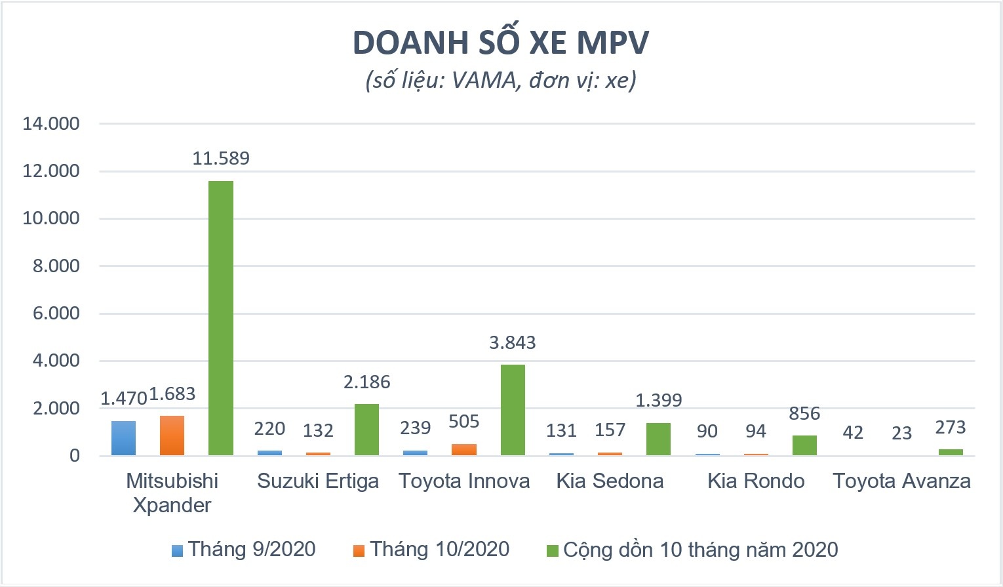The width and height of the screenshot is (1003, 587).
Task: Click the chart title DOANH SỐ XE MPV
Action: [x=501, y=43]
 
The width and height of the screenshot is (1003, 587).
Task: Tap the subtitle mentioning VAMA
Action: [x=501, y=81]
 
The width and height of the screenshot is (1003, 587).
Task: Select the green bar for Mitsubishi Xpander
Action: [x=221, y=318]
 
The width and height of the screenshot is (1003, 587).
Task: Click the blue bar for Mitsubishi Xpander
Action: [x=123, y=438]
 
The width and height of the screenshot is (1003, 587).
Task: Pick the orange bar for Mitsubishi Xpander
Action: [x=172, y=435]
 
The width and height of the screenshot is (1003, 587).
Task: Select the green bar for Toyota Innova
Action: [x=513, y=410]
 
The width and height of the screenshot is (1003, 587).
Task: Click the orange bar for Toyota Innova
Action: [x=464, y=449]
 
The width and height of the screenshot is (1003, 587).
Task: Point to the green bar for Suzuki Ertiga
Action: [x=366, y=430]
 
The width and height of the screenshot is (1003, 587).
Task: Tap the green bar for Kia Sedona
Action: [x=658, y=439]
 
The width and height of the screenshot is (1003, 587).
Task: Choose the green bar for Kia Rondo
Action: [x=804, y=445]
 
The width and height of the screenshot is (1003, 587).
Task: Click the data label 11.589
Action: [x=221, y=159]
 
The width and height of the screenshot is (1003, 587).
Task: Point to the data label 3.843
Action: [x=513, y=343]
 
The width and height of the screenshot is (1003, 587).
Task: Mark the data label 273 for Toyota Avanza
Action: [x=950, y=428]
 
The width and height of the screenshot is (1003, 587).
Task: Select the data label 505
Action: [x=464, y=422]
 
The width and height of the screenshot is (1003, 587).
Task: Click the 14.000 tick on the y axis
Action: [x=51, y=123]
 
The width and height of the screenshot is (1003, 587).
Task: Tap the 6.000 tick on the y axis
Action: [x=56, y=314]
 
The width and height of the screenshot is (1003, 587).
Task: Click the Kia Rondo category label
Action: [x=756, y=481]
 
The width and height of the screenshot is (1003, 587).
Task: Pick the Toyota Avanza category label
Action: [x=901, y=481]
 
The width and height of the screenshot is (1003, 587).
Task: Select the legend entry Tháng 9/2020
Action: [x=244, y=550]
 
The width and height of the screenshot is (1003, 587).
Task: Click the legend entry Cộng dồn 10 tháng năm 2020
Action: [x=693, y=550]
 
